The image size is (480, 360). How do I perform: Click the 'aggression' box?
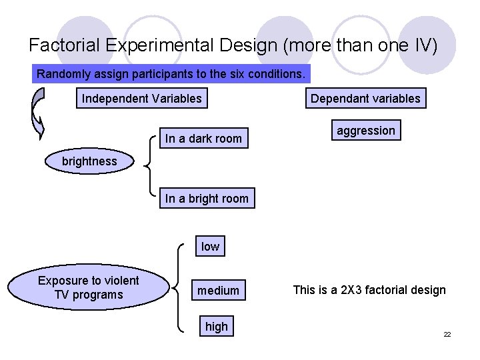coord(366,131)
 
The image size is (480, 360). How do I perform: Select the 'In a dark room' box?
coord(203,139)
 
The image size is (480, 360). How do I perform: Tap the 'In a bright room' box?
coord(207,198)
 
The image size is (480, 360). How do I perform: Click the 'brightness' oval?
coord(89,161)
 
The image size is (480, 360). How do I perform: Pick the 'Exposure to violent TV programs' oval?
coord(88,288)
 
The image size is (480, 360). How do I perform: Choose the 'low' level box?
coord(210,247)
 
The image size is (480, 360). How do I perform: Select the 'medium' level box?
coord(218,291)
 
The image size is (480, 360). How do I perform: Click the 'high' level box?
coord(216,327)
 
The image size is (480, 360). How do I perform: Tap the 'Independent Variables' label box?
coord(141,99)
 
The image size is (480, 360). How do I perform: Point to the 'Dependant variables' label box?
coord(365,99)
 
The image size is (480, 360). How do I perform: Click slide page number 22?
coord(447,334)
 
